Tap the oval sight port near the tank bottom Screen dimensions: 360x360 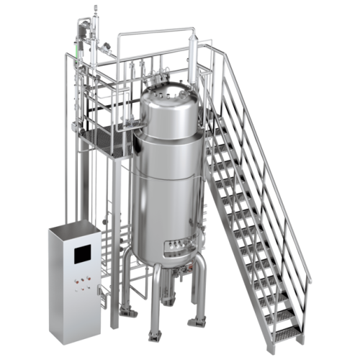coord(175,247)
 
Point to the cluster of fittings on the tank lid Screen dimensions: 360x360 coord(171,91)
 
